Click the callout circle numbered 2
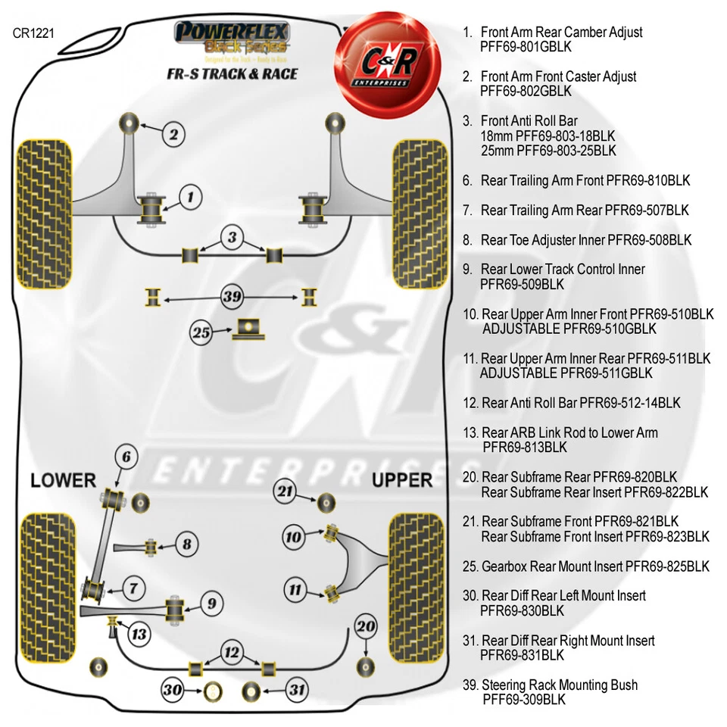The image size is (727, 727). [173, 135]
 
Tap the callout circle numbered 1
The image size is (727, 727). [191, 198]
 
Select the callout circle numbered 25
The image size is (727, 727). [201, 332]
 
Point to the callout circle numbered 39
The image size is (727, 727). [232, 296]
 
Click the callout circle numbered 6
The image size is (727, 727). [127, 457]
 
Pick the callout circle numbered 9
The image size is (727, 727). [212, 604]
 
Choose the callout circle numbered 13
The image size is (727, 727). [139, 633]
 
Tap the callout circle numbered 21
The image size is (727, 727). [285, 491]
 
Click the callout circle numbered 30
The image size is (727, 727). [173, 690]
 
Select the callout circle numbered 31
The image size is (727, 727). [296, 690]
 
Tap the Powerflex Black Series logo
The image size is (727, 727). [232, 36]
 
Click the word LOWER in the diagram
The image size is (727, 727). [64, 480]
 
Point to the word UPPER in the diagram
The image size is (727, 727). [401, 480]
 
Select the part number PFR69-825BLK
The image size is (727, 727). [667, 566]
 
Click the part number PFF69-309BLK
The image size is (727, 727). [523, 700]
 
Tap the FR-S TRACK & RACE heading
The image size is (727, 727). [232, 73]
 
